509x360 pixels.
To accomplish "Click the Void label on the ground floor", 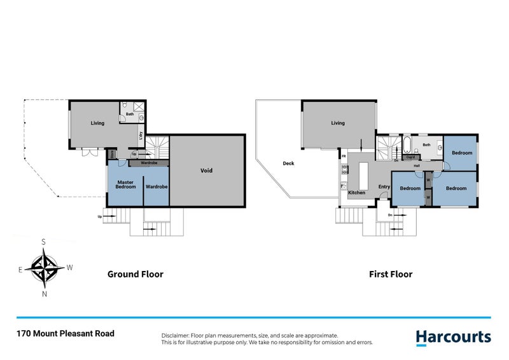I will [x=206, y=170].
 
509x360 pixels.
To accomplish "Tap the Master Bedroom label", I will [x=125, y=185].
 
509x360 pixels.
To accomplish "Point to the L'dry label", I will [x=140, y=135].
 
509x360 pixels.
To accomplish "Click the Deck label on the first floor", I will [x=288, y=163].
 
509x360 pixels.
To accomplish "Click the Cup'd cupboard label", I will [x=410, y=157].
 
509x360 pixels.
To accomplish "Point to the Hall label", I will [x=417, y=166].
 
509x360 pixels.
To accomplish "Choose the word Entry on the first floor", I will [x=384, y=186].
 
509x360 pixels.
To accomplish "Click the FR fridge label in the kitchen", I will [x=344, y=156].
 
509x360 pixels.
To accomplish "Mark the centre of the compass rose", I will [x=43, y=268].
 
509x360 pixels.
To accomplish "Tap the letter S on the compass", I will [x=43, y=242].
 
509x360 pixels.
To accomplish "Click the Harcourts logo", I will [x=453, y=337].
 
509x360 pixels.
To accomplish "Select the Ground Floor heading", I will [x=135, y=275].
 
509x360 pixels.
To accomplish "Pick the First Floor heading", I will [x=391, y=275].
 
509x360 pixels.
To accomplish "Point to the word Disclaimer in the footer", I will [x=172, y=335].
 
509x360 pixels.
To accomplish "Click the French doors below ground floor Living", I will [x=89, y=151].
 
